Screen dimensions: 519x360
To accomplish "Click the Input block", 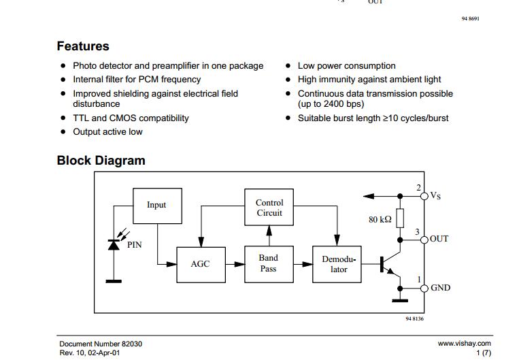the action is click(x=157, y=206).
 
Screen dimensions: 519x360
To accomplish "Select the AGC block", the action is click(x=201, y=264).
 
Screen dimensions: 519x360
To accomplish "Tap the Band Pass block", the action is click(x=269, y=264).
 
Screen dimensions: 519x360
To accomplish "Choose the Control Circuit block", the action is click(x=269, y=207).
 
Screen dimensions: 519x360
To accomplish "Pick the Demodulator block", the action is click(x=337, y=264).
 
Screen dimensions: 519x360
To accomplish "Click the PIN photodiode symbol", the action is click(x=114, y=245).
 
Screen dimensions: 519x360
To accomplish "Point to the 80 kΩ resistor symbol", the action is click(x=400, y=218).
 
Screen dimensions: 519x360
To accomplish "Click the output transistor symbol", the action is click(x=390, y=265).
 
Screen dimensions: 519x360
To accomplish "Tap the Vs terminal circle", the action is click(x=424, y=197).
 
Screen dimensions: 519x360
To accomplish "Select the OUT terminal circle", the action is click(x=424, y=240).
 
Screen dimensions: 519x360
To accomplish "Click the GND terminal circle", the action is click(x=424, y=289).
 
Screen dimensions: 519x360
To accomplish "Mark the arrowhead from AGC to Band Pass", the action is click(x=239, y=264).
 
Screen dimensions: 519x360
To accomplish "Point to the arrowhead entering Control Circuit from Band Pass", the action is click(x=269, y=231).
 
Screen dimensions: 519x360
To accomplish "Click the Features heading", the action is click(x=83, y=46).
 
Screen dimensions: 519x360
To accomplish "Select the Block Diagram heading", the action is click(x=101, y=161).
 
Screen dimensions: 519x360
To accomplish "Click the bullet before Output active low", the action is click(x=63, y=131).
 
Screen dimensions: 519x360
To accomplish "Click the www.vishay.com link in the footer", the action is click(x=464, y=344).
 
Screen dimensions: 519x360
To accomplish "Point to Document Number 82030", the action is click(x=101, y=344).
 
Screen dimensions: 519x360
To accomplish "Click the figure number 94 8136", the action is click(x=414, y=318).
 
